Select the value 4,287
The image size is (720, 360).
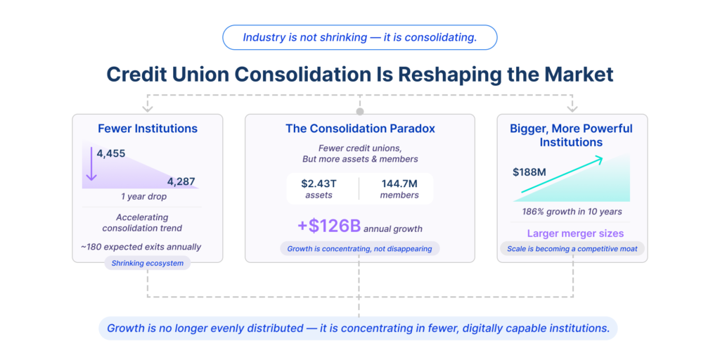181,181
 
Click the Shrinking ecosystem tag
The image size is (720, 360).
147,263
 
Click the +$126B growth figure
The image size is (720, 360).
328,226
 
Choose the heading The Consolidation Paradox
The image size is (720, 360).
360,129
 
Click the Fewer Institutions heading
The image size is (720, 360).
148,129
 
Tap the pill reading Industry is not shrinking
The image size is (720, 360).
359,37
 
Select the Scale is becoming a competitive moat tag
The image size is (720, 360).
572,249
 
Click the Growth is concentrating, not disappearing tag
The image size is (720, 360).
359,248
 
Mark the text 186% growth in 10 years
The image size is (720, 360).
572,212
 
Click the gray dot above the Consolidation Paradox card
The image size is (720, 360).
360,112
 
